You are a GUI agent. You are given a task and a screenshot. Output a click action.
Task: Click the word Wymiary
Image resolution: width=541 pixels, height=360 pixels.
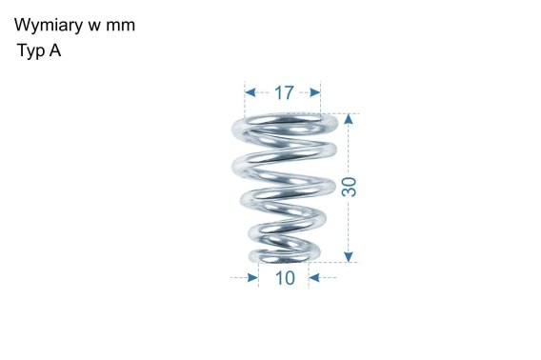click(x=49, y=26)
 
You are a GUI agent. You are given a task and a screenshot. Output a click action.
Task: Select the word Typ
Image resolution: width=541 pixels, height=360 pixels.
click(x=31, y=51)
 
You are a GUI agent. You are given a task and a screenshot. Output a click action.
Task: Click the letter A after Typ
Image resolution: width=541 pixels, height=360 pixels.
click(x=55, y=50)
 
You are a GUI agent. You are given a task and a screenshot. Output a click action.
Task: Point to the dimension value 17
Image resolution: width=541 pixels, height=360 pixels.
click(x=284, y=92)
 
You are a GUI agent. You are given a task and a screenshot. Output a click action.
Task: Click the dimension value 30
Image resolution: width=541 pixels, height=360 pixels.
click(x=349, y=187)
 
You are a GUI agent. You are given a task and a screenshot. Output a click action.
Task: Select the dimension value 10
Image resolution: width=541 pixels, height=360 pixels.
click(x=285, y=278)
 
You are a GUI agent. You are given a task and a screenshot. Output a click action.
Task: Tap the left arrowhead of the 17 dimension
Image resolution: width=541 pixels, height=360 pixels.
click(x=250, y=92)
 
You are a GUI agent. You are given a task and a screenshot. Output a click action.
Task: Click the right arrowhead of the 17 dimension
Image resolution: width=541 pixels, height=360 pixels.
click(x=315, y=92)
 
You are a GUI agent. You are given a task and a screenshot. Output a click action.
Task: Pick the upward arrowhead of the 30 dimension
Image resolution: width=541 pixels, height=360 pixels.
click(x=349, y=119)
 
